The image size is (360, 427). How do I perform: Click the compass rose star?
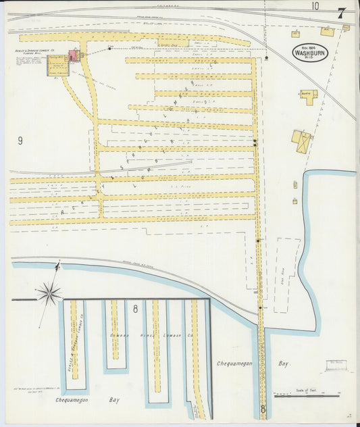point(49,293)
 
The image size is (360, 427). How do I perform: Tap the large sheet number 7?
point(342,13)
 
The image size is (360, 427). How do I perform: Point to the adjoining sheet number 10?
point(315,6)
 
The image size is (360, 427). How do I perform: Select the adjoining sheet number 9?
point(20,141)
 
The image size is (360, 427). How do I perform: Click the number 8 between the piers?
point(135,309)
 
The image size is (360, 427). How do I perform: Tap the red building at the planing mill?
point(73,55)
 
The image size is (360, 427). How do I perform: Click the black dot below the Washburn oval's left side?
point(267,58)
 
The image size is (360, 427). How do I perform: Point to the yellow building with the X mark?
point(301,142)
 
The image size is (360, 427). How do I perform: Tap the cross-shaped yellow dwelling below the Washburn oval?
point(309,97)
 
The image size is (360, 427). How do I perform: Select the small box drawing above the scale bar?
point(336,366)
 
